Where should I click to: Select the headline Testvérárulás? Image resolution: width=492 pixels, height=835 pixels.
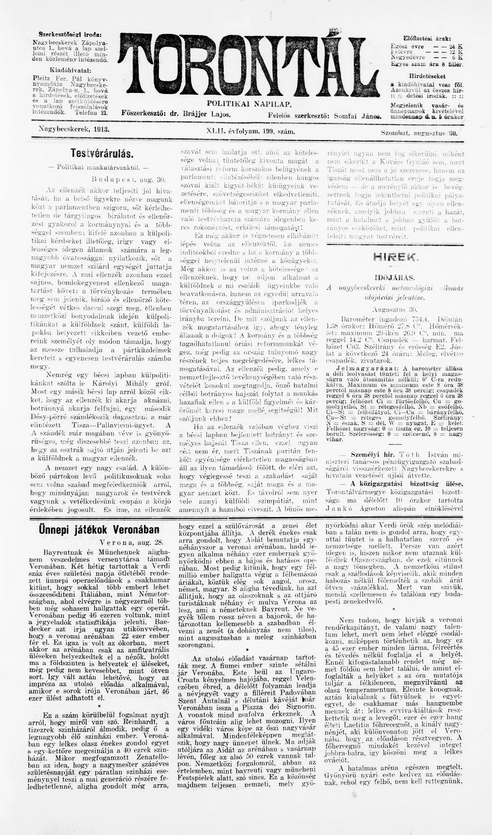[102, 153]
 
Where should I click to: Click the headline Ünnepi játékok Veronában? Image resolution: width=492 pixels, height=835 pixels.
[99, 530]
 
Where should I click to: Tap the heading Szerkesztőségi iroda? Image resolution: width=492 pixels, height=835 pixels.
[70, 34]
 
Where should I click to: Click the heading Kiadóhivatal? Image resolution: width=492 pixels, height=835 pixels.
[70, 71]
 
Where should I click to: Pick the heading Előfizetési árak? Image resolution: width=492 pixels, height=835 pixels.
[427, 38]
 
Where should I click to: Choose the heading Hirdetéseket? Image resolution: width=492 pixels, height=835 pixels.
[427, 76]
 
